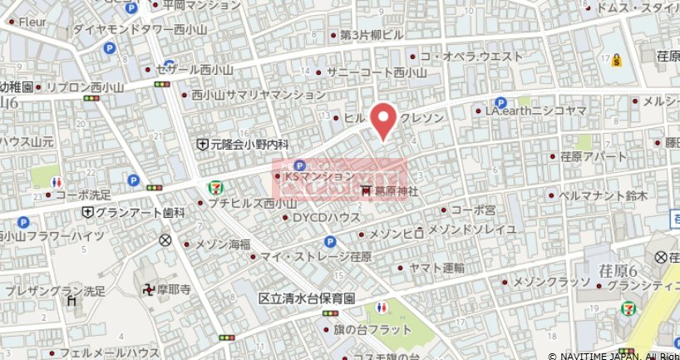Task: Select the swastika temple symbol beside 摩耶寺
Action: click(149, 291)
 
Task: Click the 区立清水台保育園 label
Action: click(307, 298)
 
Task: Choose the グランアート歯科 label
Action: click(139, 213)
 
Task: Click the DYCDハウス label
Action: click(326, 217)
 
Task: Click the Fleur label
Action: click(32, 22)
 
